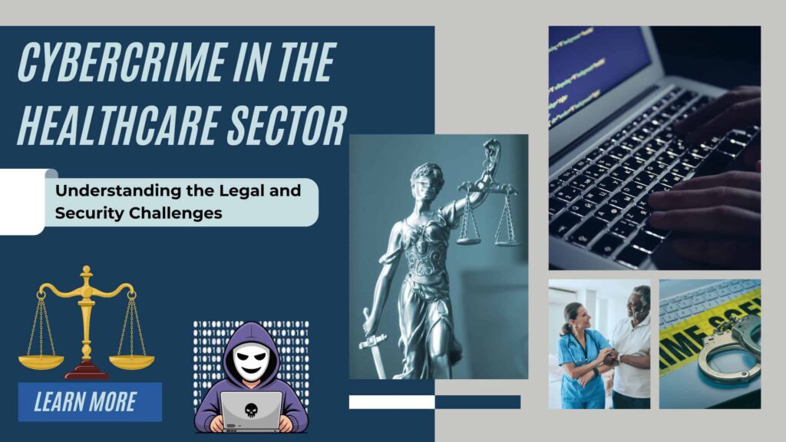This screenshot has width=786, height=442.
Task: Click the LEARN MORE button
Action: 90,401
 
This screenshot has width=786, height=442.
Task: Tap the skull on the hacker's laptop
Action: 251,408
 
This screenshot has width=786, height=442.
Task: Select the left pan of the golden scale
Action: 42,361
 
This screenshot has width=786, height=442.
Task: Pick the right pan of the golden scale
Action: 131,361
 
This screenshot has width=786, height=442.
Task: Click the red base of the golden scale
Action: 87,372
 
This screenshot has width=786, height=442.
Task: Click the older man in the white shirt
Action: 632,345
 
